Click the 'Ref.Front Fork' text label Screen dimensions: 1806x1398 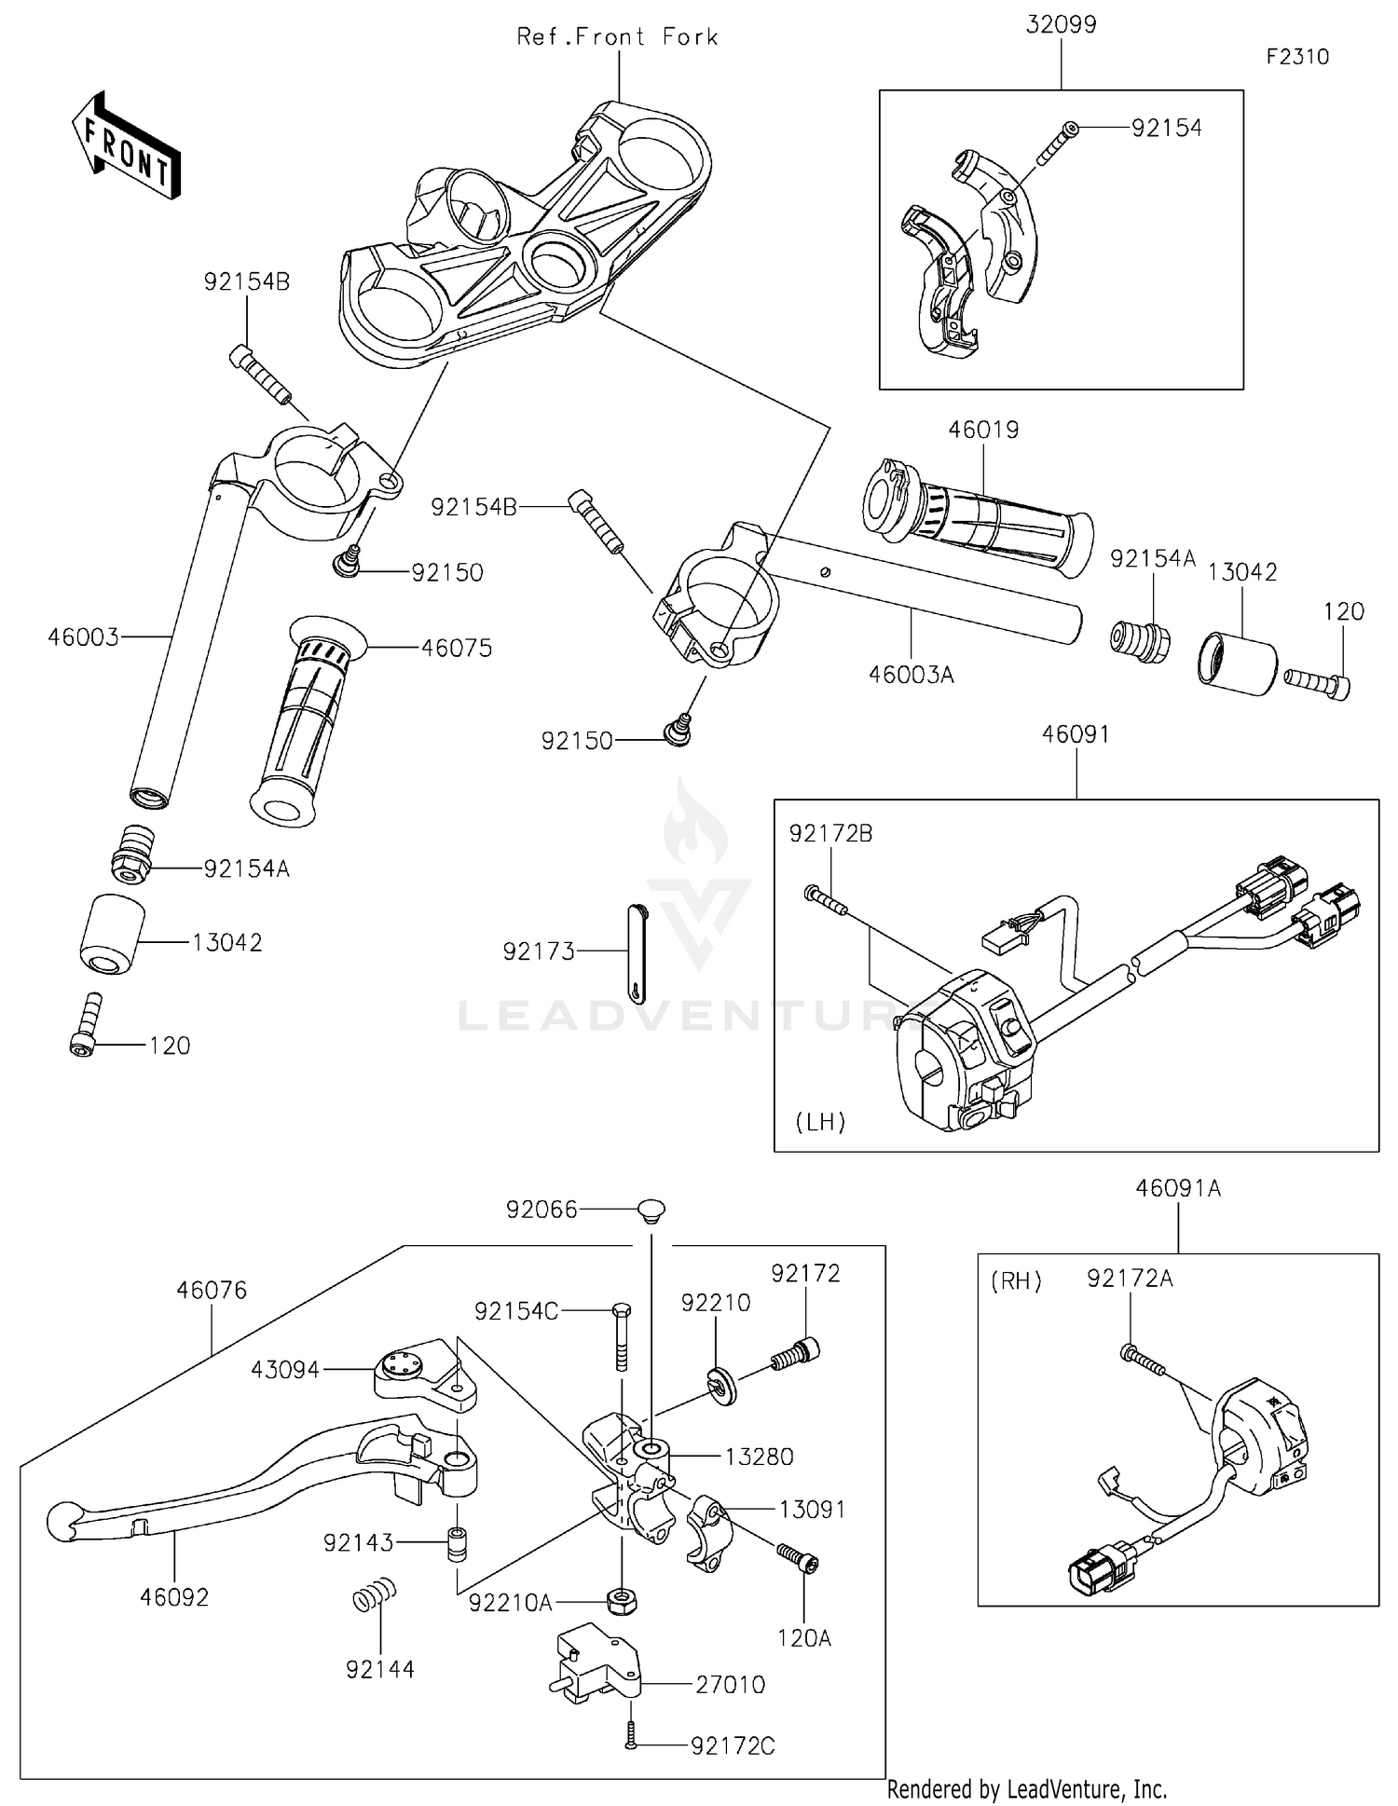(x=617, y=37)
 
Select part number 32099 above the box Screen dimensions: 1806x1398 (x=1061, y=25)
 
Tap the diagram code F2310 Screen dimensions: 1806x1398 (x=1297, y=57)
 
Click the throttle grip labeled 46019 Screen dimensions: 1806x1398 (x=979, y=517)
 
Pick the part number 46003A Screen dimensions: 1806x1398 (x=911, y=675)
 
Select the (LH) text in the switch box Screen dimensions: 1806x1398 (x=820, y=1122)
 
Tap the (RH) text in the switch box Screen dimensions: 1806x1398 (x=1016, y=1281)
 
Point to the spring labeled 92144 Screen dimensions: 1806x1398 (x=375, y=1595)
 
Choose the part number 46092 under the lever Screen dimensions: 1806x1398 (x=174, y=1597)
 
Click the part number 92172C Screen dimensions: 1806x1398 (x=733, y=1746)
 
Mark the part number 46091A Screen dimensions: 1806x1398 (x=1178, y=1189)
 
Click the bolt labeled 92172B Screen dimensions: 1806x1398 (x=824, y=898)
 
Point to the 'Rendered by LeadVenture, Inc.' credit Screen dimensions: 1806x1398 (x=1026, y=1789)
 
